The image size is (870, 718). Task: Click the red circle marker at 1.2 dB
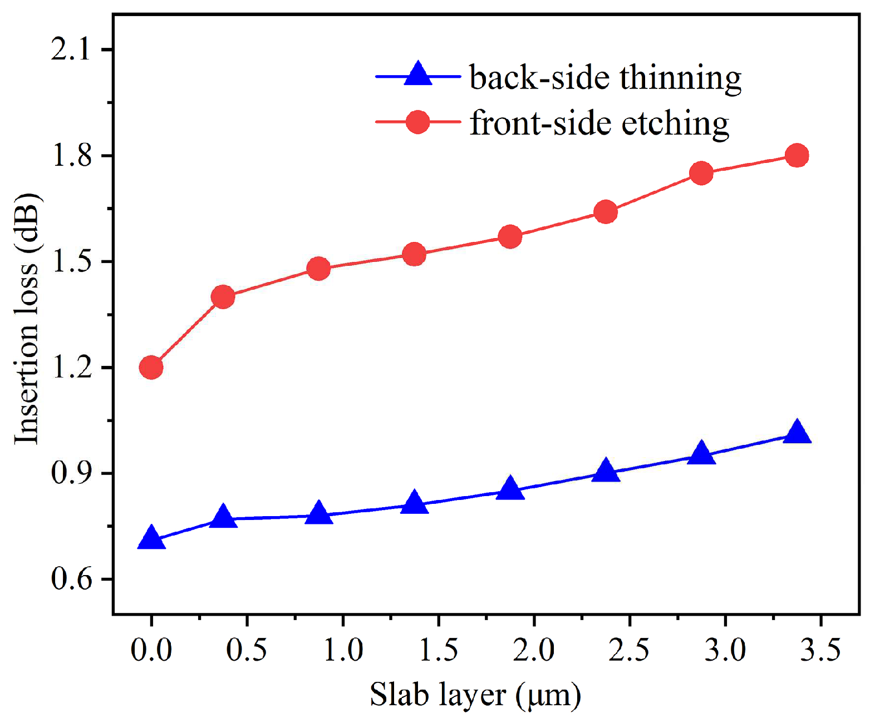[151, 368]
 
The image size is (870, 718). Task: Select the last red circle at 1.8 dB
[797, 156]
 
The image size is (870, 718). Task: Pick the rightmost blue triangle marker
[797, 432]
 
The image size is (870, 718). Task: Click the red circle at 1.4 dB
[223, 297]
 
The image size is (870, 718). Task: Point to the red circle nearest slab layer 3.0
[701, 174]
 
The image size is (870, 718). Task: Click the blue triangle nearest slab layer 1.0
[319, 513]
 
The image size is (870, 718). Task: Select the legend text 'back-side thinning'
[605, 77]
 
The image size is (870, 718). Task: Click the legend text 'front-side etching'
[599, 122]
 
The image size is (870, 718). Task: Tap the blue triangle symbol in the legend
[417, 75]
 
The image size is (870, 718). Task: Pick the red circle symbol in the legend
[417, 122]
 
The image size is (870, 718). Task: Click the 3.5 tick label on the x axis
[820, 650]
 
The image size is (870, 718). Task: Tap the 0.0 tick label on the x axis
[151, 650]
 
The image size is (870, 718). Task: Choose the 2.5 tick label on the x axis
[629, 650]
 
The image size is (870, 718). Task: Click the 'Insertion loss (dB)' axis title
[27, 319]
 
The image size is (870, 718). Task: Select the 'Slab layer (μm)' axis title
[475, 695]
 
